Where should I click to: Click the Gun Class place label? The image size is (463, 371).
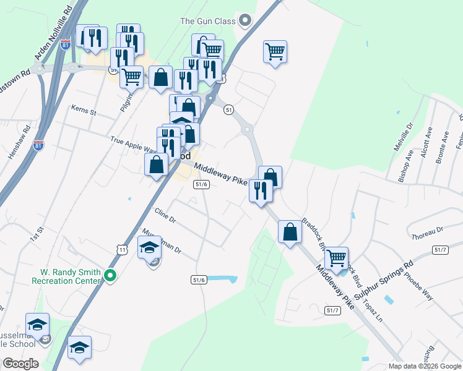(x=208, y=21)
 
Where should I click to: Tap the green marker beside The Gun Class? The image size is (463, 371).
(x=246, y=21)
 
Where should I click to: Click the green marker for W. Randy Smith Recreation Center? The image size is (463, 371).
(x=110, y=276)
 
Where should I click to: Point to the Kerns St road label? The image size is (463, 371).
(x=84, y=112)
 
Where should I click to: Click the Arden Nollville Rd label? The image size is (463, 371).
(x=53, y=34)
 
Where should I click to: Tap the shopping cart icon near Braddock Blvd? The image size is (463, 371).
(x=336, y=258)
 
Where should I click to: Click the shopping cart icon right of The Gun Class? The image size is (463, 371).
(x=275, y=51)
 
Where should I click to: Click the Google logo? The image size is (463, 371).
(x=20, y=364)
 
